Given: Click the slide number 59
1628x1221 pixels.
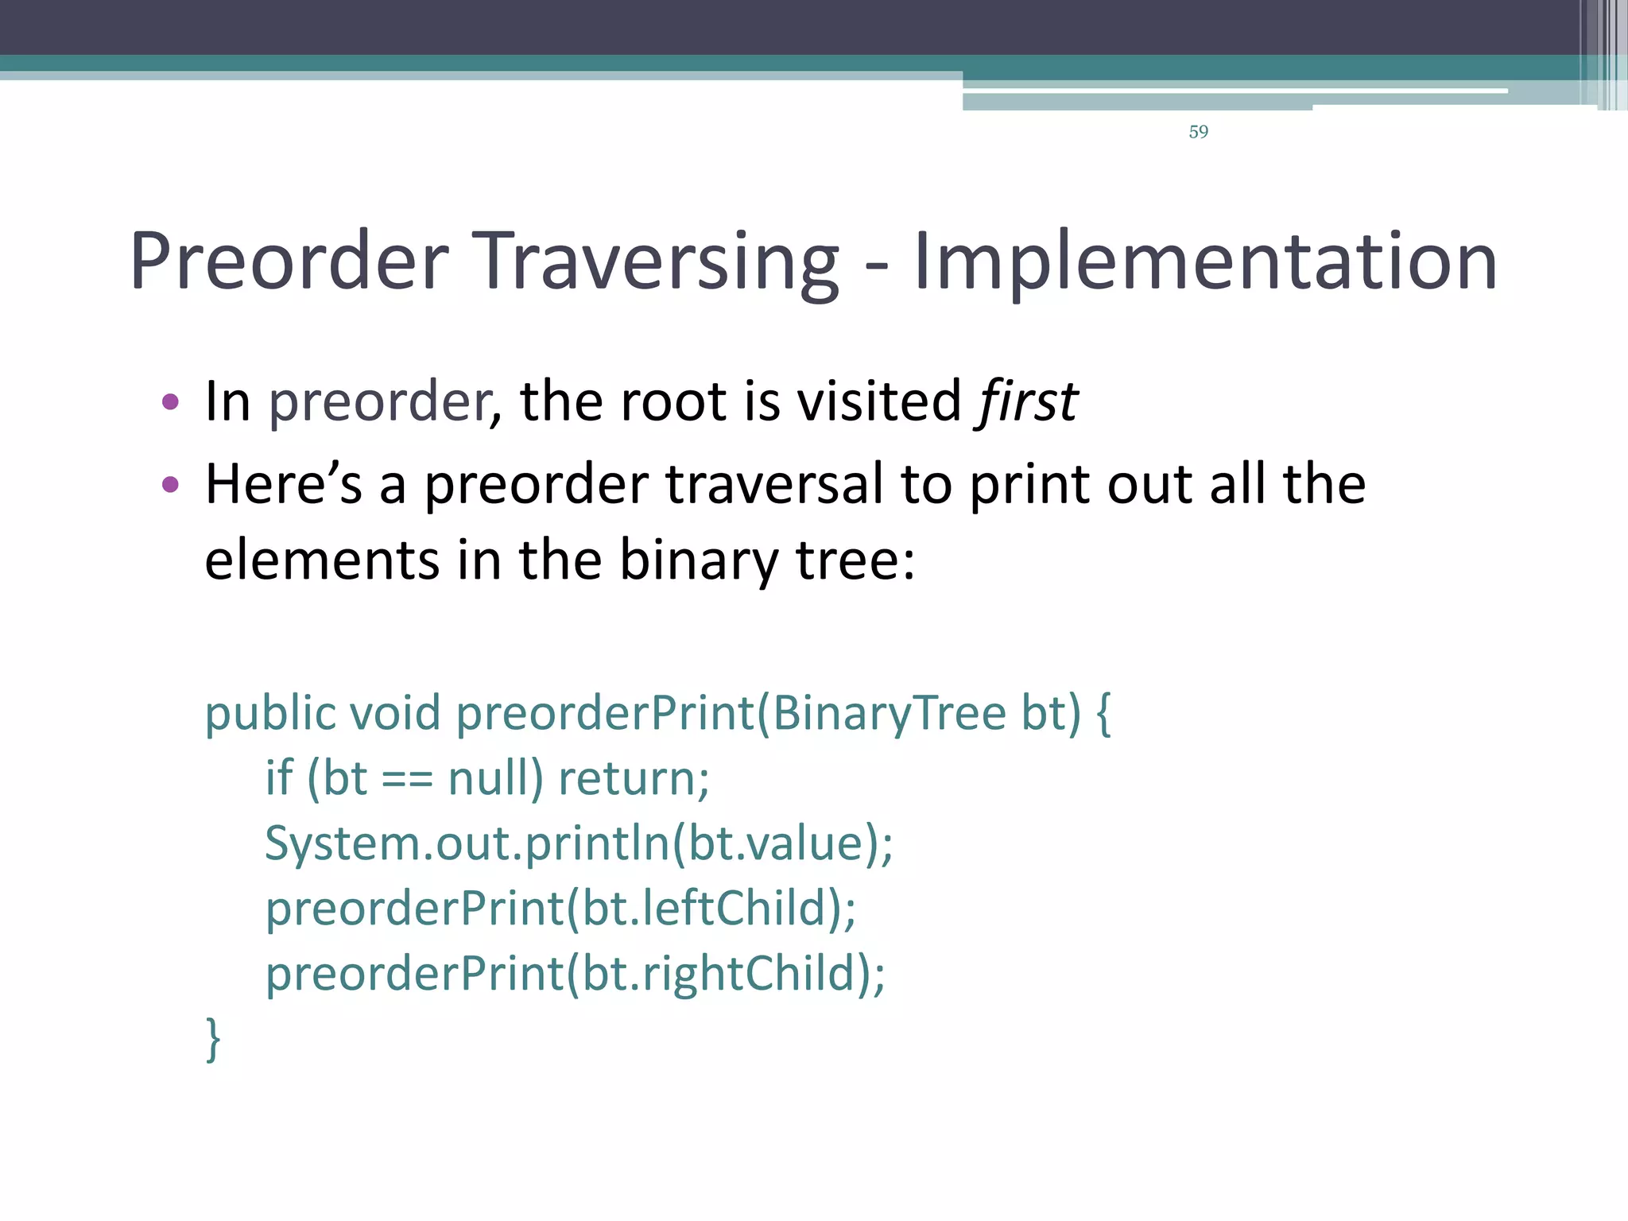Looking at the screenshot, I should pos(1198,132).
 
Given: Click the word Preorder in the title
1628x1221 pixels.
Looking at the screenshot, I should pos(289,262).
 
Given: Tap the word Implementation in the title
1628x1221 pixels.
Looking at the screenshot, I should pos(1204,262).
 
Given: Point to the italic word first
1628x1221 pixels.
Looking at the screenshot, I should pos(1028,401).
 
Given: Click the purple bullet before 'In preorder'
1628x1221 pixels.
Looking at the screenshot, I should pos(170,401).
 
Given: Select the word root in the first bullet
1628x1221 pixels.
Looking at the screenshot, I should pos(672,401).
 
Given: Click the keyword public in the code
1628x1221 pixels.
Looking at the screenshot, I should pos(270,713).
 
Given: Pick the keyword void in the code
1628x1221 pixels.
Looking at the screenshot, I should pos(395,713).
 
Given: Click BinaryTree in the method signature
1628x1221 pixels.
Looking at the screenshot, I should pos(889,713).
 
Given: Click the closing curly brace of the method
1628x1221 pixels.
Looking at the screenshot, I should pos(213,1039).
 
